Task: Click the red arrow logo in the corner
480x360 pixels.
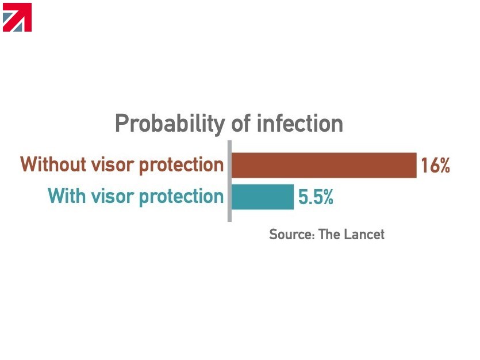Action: coord(17,17)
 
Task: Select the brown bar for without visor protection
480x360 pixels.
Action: coord(324,165)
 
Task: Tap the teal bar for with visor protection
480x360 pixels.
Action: coord(262,197)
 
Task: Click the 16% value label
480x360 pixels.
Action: coord(435,165)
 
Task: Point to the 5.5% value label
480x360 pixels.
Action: coord(316,197)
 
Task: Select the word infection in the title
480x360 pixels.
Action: coord(299,123)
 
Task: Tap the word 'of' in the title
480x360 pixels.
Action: coord(241,123)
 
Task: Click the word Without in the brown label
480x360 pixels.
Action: coord(53,164)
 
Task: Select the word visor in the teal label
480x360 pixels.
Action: coord(113,196)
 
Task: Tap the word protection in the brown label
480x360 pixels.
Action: coord(182,165)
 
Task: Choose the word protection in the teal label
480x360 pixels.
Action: coord(182,197)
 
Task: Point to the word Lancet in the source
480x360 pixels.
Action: coord(364,234)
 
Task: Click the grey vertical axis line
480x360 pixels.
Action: coord(229,181)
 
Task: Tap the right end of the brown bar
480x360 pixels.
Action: coord(416,165)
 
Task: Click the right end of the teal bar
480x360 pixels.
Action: coord(293,197)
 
